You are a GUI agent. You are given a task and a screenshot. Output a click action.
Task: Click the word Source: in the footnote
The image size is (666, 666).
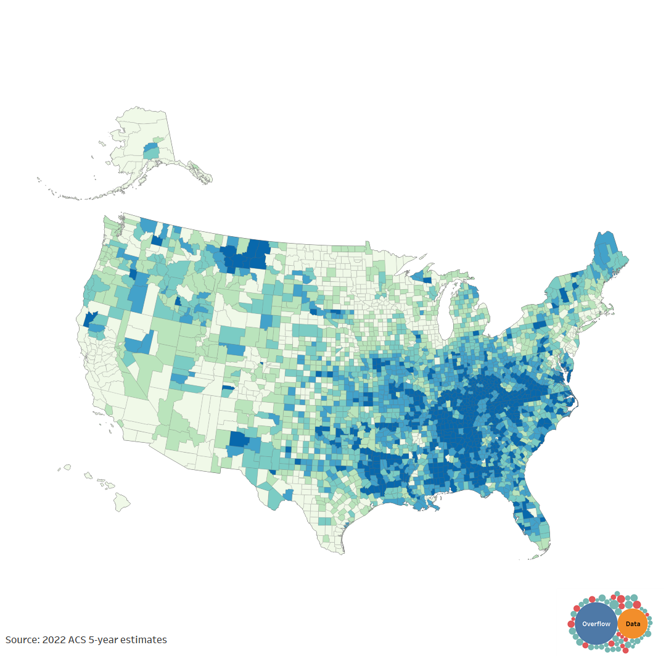(22, 640)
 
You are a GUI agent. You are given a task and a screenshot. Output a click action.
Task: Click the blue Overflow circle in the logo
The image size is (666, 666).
(596, 624)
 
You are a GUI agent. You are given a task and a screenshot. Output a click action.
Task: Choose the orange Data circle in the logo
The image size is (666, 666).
(633, 624)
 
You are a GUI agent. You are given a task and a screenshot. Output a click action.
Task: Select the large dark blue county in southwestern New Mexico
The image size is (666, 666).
(239, 440)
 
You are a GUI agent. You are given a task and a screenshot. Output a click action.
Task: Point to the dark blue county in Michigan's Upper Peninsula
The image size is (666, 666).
(427, 281)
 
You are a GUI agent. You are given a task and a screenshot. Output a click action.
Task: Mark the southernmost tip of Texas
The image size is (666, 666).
(342, 553)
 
